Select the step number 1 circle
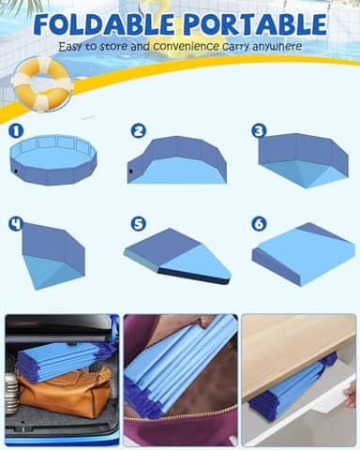pos(16,132)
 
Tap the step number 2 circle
pos(139,131)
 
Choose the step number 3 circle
pos(260,131)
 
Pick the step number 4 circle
pos(16,224)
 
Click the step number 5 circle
pos(139,224)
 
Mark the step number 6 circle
pos(260,224)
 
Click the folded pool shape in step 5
pos(178,255)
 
